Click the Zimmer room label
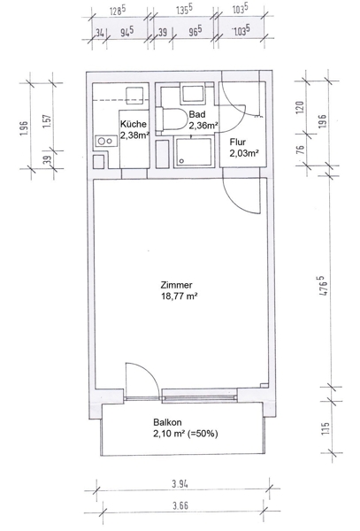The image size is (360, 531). pos(177,285)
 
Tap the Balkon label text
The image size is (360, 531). pos(167,422)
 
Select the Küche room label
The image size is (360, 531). pos(134,124)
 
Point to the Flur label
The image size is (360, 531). pos(238,142)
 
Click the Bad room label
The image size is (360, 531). pos(197,114)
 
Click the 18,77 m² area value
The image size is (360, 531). pos(180,296)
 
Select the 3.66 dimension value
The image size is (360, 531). pos(180,506)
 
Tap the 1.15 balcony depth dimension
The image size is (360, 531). pos(326,428)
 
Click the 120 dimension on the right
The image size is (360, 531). pos(300,107)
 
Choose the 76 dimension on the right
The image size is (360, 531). pos(300,150)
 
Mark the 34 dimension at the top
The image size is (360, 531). pos(99,33)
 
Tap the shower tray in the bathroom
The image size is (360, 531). pos(194,151)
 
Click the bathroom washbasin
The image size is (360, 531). pos(193,94)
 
